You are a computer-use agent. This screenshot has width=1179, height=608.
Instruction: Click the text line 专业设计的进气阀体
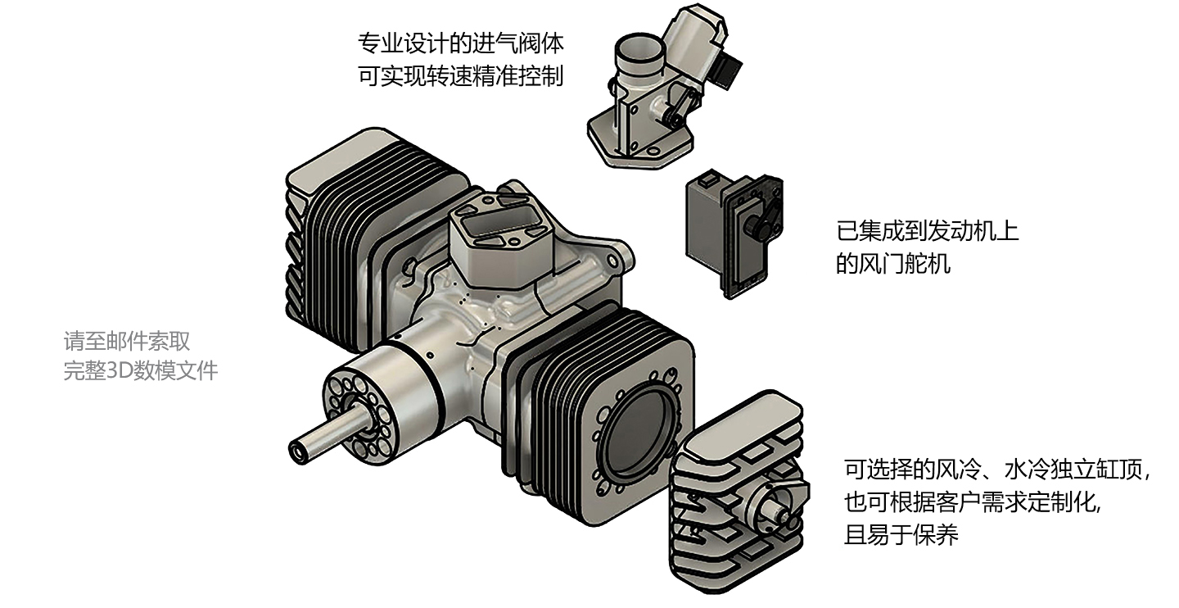pyautogui.click(x=461, y=42)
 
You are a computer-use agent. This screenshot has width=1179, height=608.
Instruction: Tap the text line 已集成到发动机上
pyautogui.click(x=927, y=230)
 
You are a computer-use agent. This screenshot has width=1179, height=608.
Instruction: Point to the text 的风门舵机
pyautogui.click(x=893, y=265)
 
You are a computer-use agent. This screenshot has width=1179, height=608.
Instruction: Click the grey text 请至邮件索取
pyautogui.click(x=127, y=340)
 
